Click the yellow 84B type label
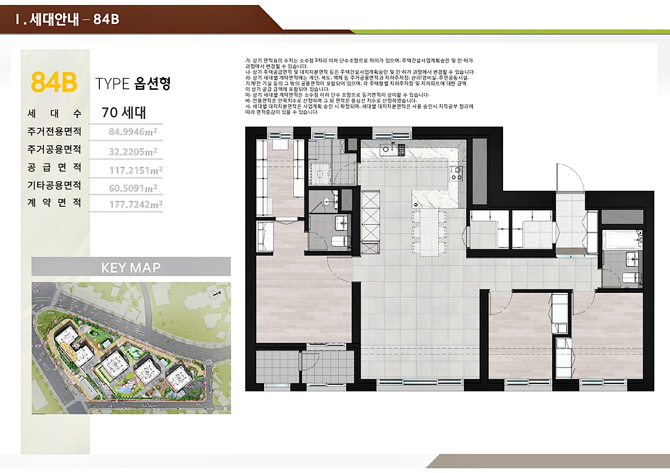[x=54, y=83]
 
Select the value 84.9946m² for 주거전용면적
[x=132, y=133]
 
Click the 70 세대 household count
[x=124, y=112]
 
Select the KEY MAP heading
[x=131, y=267]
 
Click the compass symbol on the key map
[x=211, y=295]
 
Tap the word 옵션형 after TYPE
[x=152, y=84]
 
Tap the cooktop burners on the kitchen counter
[x=456, y=173]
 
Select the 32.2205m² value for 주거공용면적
[x=132, y=151]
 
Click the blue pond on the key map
[x=124, y=388]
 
